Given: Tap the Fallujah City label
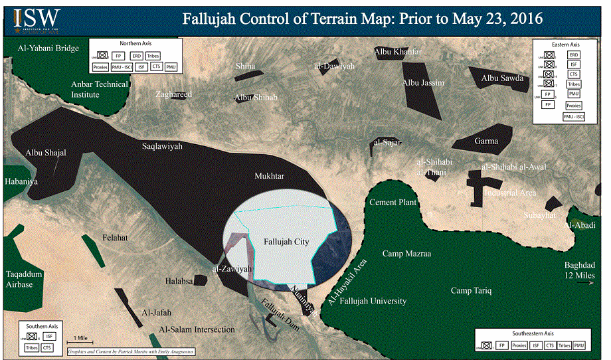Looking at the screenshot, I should tap(286, 242).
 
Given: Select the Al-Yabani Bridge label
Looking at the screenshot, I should tap(48, 48).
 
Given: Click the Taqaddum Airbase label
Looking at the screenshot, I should tap(25, 279).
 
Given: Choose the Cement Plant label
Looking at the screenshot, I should tap(392, 203).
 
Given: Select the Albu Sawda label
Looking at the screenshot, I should tap(502, 78).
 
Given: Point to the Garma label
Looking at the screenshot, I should tap(486, 141).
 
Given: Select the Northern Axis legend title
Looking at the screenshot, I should tap(136, 43).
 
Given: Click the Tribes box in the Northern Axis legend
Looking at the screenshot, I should tap(153, 55).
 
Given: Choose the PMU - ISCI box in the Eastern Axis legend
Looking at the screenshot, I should tap(569, 117).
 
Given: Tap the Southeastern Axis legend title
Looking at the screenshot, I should tap(531, 333).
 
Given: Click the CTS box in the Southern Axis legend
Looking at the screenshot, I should tap(46, 347).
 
